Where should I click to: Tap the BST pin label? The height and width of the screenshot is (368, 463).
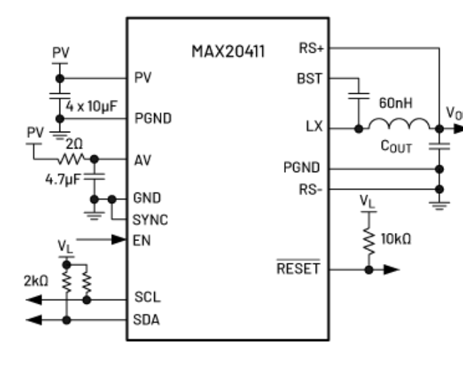pyautogui.click(x=310, y=78)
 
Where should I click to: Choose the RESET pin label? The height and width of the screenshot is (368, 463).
pyautogui.click(x=299, y=269)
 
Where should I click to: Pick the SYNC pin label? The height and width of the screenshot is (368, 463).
pyautogui.click(x=150, y=220)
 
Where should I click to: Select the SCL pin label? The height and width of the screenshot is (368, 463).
pyautogui.click(x=147, y=298)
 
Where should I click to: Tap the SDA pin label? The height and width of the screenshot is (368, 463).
pyautogui.click(x=147, y=319)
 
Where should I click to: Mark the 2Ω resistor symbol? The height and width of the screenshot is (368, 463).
pyautogui.click(x=71, y=159)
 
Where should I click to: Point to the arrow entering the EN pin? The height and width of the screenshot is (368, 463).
pyautogui.click(x=102, y=239)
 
